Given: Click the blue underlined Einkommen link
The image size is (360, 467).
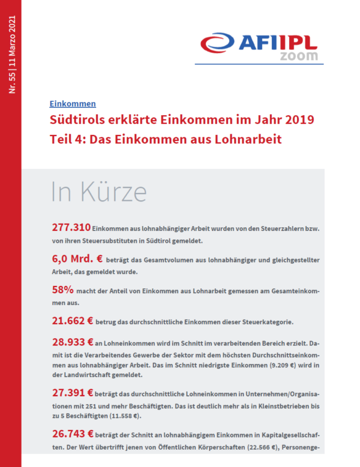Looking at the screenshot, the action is (x=73, y=104).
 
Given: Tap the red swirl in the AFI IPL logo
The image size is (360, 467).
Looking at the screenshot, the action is (x=217, y=43).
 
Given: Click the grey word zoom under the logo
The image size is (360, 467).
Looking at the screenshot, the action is (x=299, y=56).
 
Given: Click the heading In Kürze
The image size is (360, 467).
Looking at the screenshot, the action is (x=99, y=192).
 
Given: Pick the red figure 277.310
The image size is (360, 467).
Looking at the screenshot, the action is (x=71, y=228).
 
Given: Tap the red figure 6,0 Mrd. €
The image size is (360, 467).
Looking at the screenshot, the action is (x=77, y=258).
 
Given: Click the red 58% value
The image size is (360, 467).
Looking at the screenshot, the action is (x=62, y=290).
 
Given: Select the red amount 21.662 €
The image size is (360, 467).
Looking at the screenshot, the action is (x=73, y=321).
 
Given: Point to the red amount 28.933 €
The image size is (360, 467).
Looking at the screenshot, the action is (x=73, y=342).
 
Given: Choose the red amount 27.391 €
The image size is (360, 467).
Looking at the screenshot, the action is (x=73, y=393).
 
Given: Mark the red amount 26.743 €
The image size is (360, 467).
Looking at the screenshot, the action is (x=73, y=434).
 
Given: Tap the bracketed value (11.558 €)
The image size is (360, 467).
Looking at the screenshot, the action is (x=125, y=416).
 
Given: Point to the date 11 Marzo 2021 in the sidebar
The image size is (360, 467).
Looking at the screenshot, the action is (x=12, y=41).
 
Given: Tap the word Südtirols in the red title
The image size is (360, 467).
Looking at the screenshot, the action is (x=77, y=120).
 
